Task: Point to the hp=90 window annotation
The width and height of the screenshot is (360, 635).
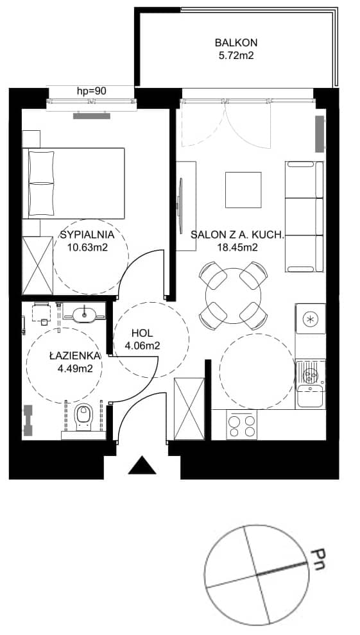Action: click(x=92, y=91)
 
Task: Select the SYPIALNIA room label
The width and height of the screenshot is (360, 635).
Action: click(x=87, y=235)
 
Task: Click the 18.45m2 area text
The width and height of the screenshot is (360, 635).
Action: click(x=237, y=248)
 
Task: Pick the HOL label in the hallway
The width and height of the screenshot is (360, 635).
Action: click(x=142, y=334)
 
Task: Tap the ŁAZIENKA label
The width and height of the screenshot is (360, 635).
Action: click(x=75, y=356)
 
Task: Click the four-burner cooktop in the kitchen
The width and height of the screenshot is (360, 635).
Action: click(x=242, y=425)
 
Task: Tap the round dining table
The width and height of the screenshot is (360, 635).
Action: click(x=233, y=296)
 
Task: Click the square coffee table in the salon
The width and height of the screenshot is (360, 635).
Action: click(x=243, y=189)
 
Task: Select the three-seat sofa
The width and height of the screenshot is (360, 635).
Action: click(x=305, y=217)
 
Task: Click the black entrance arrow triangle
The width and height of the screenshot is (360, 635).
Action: click(x=142, y=465)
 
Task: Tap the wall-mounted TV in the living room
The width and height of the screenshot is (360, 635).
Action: click(x=180, y=200)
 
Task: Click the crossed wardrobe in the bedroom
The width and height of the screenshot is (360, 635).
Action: click(x=38, y=266)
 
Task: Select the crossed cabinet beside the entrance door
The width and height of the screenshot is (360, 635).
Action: click(x=189, y=409)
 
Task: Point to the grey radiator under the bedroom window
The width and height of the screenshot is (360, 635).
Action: click(x=92, y=116)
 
